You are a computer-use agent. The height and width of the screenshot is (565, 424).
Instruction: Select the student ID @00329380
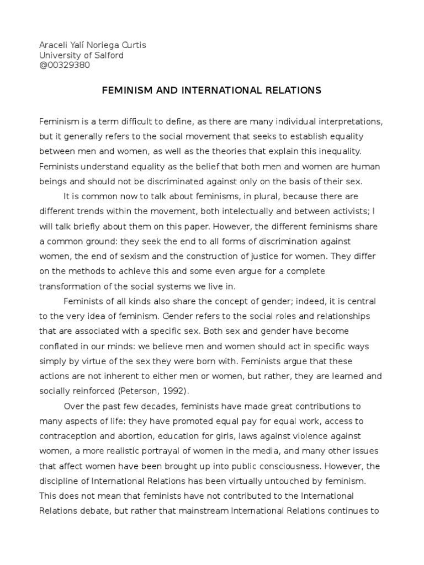point(65,65)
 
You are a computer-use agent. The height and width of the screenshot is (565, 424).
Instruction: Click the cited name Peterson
point(132,391)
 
